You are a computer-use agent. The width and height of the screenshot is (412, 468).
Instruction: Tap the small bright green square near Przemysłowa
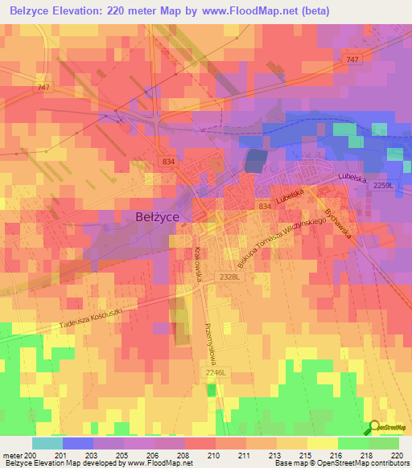click(x=211, y=390)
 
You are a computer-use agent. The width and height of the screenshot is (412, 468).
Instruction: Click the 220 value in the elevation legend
click(x=398, y=455)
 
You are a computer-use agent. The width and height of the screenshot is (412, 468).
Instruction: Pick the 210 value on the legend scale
click(x=214, y=455)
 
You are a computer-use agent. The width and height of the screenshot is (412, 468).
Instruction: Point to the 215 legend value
click(x=306, y=455)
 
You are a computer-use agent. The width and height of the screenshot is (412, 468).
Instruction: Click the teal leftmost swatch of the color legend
click(x=47, y=443)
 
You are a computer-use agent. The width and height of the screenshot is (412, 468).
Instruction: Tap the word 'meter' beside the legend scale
click(x=12, y=455)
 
